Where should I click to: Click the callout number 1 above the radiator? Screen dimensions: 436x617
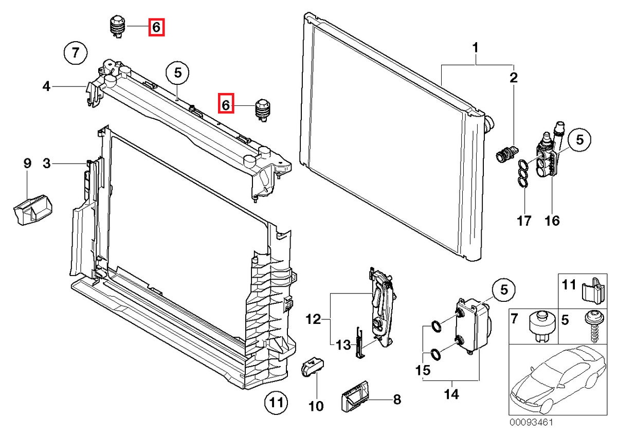coord(476,48)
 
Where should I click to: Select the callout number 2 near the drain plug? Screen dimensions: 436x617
coord(513,78)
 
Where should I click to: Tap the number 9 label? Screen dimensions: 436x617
coord(27,164)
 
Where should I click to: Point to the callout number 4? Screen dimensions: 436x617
coord(46,87)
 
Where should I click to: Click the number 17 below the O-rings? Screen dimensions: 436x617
coord(523,222)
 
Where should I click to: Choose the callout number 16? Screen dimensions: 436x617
coord(552,222)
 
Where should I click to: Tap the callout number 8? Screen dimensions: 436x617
coord(396,399)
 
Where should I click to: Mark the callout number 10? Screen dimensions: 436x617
coord(316,406)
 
